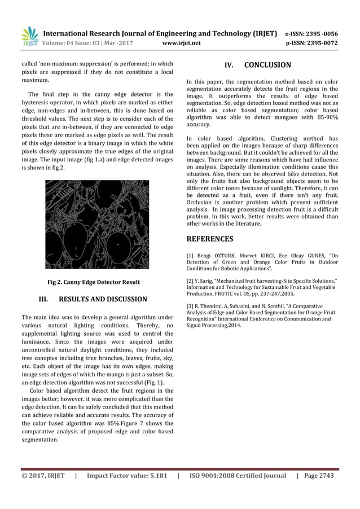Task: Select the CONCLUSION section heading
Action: pyautogui.click(x=267, y=65)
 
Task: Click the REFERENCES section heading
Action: pyautogui.click(x=209, y=239)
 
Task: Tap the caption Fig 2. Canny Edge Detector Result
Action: pyautogui.click(x=97, y=282)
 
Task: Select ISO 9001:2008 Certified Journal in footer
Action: pyautogui.click(x=237, y=476)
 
